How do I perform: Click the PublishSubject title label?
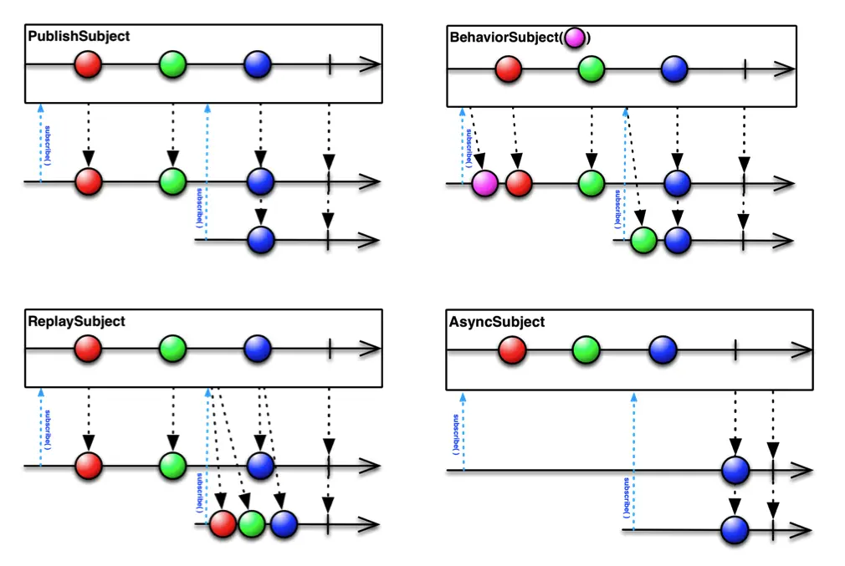click(x=79, y=37)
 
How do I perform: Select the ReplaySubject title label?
click(x=76, y=321)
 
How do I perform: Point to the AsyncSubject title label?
click(x=497, y=322)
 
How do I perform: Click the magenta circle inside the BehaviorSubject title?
click(x=575, y=38)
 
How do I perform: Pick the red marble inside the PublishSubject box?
click(x=88, y=64)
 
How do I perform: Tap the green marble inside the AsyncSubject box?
click(x=586, y=350)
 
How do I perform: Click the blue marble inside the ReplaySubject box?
click(x=259, y=348)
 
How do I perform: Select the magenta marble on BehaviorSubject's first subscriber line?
click(x=484, y=181)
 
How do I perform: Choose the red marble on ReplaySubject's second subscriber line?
click(x=223, y=523)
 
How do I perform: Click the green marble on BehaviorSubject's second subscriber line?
click(x=644, y=240)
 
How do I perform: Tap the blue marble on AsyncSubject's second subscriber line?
click(x=735, y=528)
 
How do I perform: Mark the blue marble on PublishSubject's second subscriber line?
click(x=261, y=240)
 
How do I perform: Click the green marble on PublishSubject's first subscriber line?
click(x=172, y=181)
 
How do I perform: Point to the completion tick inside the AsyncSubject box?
click(x=735, y=350)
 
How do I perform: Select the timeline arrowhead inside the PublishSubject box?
click(x=369, y=64)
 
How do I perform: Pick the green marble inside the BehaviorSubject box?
click(x=591, y=69)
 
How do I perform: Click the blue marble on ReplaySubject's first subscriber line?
click(x=261, y=465)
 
